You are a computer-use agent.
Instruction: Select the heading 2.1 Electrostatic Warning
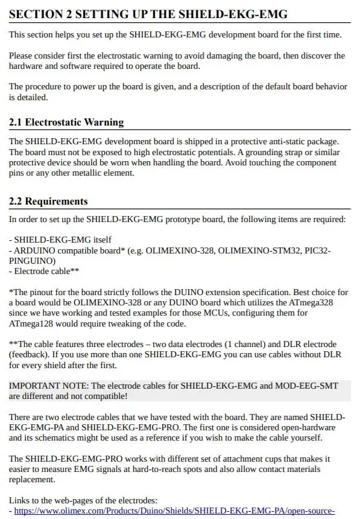point(66,122)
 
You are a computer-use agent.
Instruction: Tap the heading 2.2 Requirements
point(48,201)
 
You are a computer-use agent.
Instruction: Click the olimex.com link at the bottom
point(174,511)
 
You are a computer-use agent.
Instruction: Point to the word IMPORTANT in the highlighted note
point(34,385)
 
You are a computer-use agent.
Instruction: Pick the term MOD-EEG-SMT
point(308,385)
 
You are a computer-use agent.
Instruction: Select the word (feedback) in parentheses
point(29,355)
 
